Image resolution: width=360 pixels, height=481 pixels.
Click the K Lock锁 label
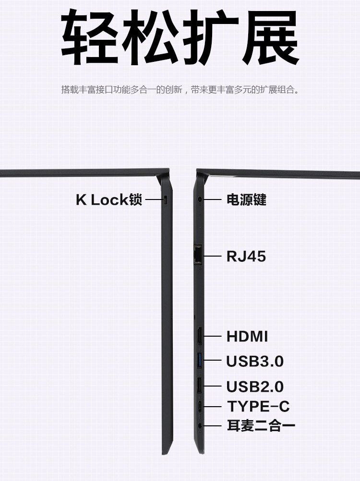pos(109,199)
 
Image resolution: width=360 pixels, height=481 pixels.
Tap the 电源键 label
pos(246,199)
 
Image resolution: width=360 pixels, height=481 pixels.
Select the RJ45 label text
pos(246,257)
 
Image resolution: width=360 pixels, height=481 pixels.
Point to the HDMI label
pos(247,336)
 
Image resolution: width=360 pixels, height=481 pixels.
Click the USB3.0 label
pos(255,361)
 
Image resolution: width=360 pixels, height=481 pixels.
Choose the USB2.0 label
pos(255,386)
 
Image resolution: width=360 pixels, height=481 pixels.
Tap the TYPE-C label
pos(258,407)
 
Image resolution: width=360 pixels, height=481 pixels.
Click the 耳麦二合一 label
pos(261,425)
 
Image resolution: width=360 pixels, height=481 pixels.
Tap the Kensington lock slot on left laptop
pos(166,200)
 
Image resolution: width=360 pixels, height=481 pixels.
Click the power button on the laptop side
pos(199,198)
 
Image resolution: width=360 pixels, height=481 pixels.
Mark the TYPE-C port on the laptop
pos(200,407)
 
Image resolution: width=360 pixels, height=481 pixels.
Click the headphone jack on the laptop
pos(200,425)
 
